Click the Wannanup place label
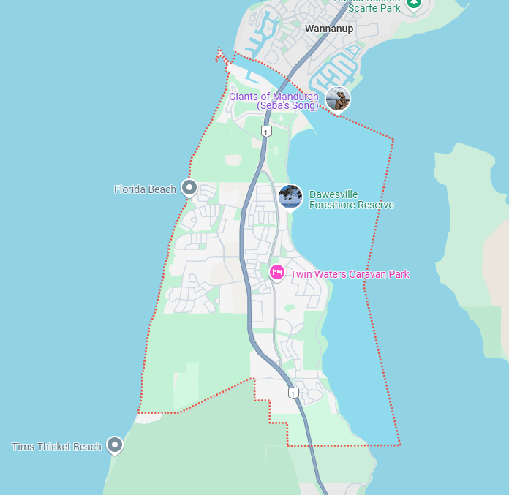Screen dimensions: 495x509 (x=328, y=29)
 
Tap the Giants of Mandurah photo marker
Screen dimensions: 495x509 (x=338, y=99)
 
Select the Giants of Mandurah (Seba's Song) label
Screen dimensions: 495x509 (x=274, y=101)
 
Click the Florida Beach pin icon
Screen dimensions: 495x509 (x=189, y=189)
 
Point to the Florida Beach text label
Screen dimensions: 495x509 (x=145, y=189)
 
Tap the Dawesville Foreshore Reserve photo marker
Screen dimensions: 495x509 (x=290, y=196)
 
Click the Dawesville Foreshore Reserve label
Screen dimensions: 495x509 (x=351, y=200)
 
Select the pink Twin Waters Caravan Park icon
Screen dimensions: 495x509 (x=276, y=272)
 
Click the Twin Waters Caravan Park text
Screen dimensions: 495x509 (x=350, y=274)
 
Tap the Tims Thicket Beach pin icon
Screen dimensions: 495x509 (x=114, y=445)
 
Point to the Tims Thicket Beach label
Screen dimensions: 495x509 (x=56, y=447)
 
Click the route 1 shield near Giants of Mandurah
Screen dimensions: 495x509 (x=266, y=132)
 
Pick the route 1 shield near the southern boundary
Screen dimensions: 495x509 (x=293, y=393)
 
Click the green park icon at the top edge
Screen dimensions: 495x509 (x=414, y=3)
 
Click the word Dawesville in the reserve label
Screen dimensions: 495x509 (x=333, y=194)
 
